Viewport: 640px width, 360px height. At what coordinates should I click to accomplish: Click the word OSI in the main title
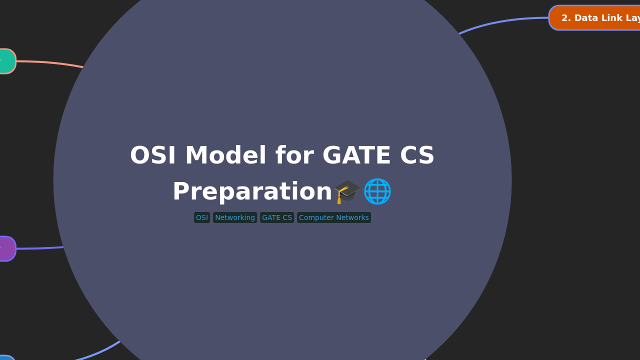152,156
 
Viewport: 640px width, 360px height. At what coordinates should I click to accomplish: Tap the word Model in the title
225,156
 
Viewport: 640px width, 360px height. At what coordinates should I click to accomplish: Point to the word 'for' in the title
294,156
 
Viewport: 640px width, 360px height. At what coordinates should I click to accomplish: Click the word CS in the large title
417,156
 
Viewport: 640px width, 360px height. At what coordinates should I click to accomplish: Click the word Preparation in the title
252,192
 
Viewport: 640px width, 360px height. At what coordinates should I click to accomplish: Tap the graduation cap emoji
347,191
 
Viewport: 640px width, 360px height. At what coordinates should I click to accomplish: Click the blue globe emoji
377,191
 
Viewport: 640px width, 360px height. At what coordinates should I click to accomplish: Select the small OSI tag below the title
202,217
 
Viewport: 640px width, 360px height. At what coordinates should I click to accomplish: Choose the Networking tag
235,217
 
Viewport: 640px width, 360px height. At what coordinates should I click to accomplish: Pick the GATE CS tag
277,217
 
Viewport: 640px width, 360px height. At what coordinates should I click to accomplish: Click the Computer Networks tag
334,217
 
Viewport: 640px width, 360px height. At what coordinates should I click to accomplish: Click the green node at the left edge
6,61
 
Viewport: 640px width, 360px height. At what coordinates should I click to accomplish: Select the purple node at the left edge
6,248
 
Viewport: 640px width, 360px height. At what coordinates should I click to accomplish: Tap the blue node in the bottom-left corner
6,357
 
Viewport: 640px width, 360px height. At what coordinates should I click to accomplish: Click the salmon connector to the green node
50,62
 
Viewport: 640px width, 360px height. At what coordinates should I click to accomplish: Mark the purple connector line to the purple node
40,248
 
